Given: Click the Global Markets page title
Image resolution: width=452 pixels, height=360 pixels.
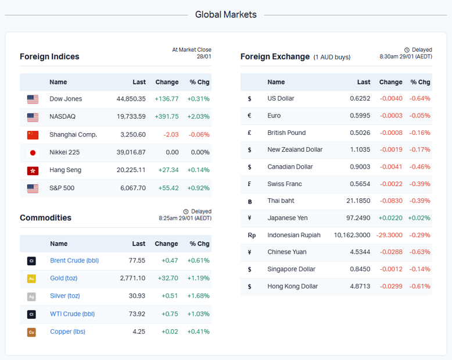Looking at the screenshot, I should coord(225,15).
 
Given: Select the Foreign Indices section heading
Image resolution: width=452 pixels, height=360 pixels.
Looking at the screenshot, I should coord(49,56).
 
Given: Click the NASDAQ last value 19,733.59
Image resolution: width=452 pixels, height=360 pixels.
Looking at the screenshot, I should coord(131,116).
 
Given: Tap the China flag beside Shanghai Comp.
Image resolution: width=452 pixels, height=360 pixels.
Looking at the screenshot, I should coord(33,135).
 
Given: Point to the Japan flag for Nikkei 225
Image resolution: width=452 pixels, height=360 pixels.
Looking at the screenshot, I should coord(33,152).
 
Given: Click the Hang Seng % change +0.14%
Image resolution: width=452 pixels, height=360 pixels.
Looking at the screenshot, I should coord(198,170).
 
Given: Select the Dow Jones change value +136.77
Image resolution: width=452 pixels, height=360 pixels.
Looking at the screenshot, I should coord(167,99).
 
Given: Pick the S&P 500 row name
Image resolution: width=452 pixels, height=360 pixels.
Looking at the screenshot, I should coord(62,188).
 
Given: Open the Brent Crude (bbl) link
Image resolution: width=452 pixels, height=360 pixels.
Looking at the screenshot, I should coord(74,261).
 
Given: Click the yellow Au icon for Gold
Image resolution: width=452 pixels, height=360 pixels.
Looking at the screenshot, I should coord(31,279).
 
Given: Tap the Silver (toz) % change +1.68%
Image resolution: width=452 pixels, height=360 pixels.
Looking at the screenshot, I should coord(198,296).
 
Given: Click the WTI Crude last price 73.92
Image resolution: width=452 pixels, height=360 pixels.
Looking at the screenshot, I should coord(137,314).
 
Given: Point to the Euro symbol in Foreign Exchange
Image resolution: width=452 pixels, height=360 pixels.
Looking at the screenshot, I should coord(249,116).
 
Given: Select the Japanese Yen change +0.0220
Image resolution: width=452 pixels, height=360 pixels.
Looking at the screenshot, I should coord(390,218).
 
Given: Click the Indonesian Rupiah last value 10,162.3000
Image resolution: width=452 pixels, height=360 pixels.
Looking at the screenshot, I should coord(352,235).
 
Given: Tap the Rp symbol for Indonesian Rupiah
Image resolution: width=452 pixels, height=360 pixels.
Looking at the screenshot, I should coord(252,236).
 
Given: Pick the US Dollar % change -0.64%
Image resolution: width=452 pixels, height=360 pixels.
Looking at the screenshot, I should coord(419,99).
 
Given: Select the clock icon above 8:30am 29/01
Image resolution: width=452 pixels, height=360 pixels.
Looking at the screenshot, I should coord(407,50).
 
